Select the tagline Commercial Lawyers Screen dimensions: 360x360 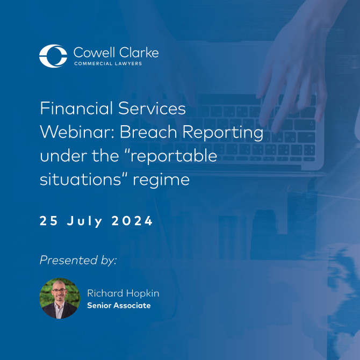click(116, 64)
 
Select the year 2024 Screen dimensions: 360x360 click(132, 221)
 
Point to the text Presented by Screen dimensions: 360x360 click(78, 261)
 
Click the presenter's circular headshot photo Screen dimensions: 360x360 click(60, 299)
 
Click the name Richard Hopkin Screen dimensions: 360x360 click(123, 293)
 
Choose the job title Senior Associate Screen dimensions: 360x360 click(119, 306)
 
